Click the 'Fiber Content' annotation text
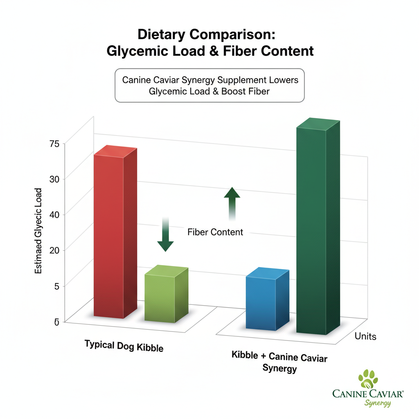[x=215, y=232]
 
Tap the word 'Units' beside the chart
[x=365, y=336]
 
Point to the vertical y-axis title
[x=38, y=231]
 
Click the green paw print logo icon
[x=367, y=378]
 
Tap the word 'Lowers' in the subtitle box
[x=282, y=79]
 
